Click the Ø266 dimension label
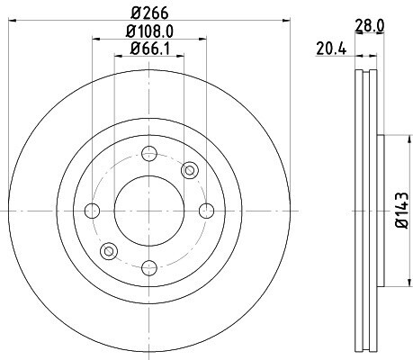pyautogui.click(x=149, y=13)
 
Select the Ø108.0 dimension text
pyautogui.click(x=149, y=31)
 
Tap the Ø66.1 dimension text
pyautogui.click(x=150, y=49)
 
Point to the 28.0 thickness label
pyautogui.click(x=370, y=26)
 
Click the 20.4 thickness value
pyautogui.click(x=331, y=49)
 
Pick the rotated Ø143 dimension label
pyautogui.click(x=402, y=211)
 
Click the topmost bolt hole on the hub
pyautogui.click(x=149, y=154)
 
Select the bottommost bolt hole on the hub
pyautogui.click(x=149, y=268)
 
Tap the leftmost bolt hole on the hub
pyautogui.click(x=92, y=211)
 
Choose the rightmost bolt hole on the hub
pyautogui.click(x=207, y=211)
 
